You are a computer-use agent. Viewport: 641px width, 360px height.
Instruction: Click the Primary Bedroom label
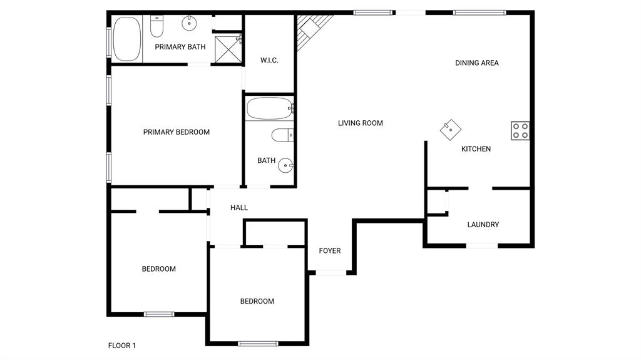(x=176, y=132)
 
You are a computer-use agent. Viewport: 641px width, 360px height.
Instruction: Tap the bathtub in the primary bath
(x=127, y=38)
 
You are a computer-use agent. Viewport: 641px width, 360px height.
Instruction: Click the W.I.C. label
(x=269, y=61)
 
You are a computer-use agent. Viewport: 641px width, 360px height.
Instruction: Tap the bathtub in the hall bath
(x=269, y=108)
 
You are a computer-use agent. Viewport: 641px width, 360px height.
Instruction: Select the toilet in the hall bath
(x=282, y=135)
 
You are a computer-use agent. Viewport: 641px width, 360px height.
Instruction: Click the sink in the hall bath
(x=286, y=166)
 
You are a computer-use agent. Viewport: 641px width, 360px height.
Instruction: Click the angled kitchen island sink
(x=450, y=130)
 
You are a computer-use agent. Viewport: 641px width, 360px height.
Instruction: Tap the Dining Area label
(x=476, y=63)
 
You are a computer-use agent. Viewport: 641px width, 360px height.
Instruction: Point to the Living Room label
(x=360, y=123)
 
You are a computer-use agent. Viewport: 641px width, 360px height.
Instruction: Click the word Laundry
(x=483, y=225)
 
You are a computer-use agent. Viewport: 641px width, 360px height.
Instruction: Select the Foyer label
(x=330, y=251)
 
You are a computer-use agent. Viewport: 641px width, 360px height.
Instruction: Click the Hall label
(x=239, y=208)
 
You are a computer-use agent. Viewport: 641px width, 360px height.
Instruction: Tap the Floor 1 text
(x=121, y=346)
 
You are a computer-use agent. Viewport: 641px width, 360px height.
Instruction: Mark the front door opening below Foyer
(x=331, y=272)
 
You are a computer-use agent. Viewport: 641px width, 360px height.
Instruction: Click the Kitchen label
(x=476, y=149)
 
